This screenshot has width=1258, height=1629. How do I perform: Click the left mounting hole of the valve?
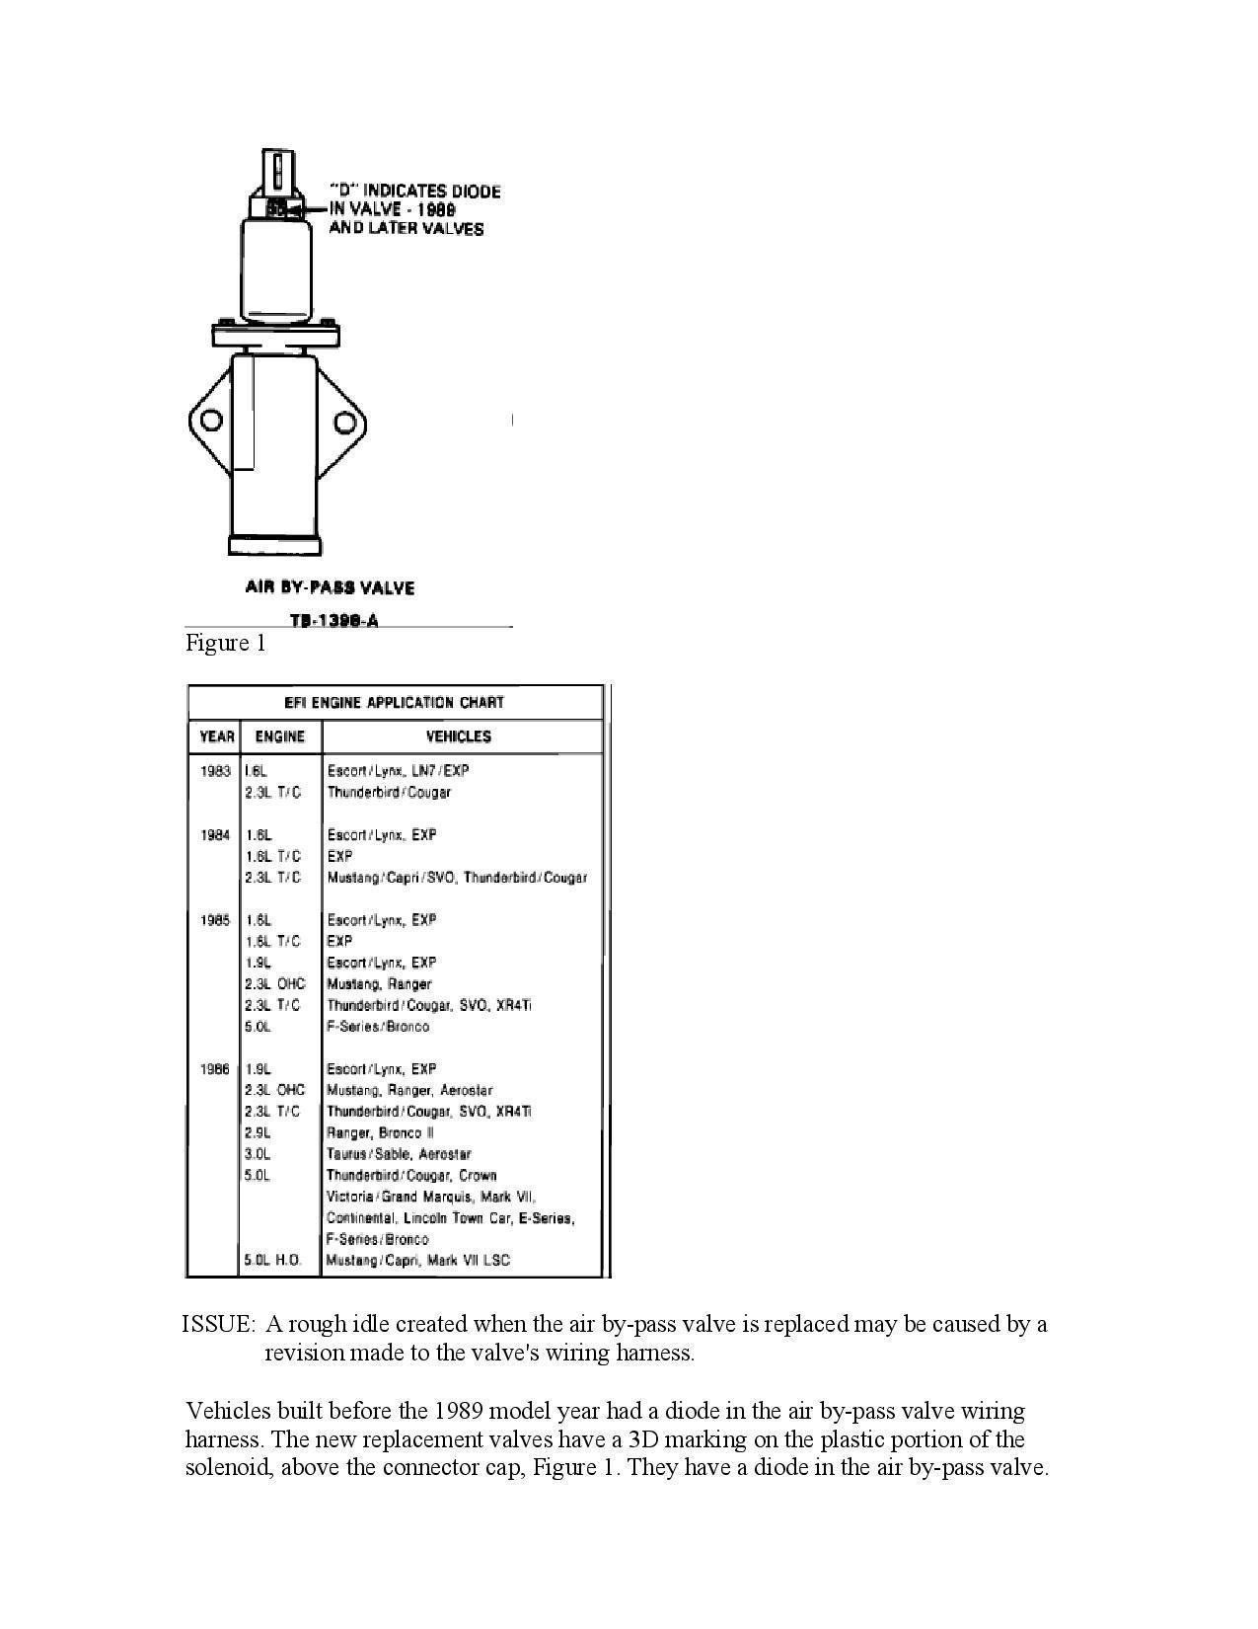click(211, 422)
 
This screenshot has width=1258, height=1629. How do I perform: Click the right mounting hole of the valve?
click(344, 423)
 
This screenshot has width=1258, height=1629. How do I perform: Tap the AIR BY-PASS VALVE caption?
click(330, 588)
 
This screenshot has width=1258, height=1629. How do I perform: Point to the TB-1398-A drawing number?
click(333, 621)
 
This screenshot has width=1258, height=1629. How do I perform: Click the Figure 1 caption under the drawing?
click(226, 644)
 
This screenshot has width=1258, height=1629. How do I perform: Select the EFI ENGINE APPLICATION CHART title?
click(395, 703)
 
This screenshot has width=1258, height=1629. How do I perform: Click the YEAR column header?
click(217, 737)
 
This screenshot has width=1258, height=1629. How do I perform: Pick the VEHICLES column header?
click(458, 737)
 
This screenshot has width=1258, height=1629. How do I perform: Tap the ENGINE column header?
click(280, 737)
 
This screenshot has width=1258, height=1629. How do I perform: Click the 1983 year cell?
click(215, 771)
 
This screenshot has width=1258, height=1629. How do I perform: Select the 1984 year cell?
click(215, 835)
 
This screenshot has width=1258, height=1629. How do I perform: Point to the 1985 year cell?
click(215, 920)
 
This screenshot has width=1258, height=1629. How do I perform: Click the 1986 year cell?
click(215, 1069)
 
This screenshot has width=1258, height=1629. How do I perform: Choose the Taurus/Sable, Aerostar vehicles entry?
click(399, 1154)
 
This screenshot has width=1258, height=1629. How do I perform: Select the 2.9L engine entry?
click(258, 1133)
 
